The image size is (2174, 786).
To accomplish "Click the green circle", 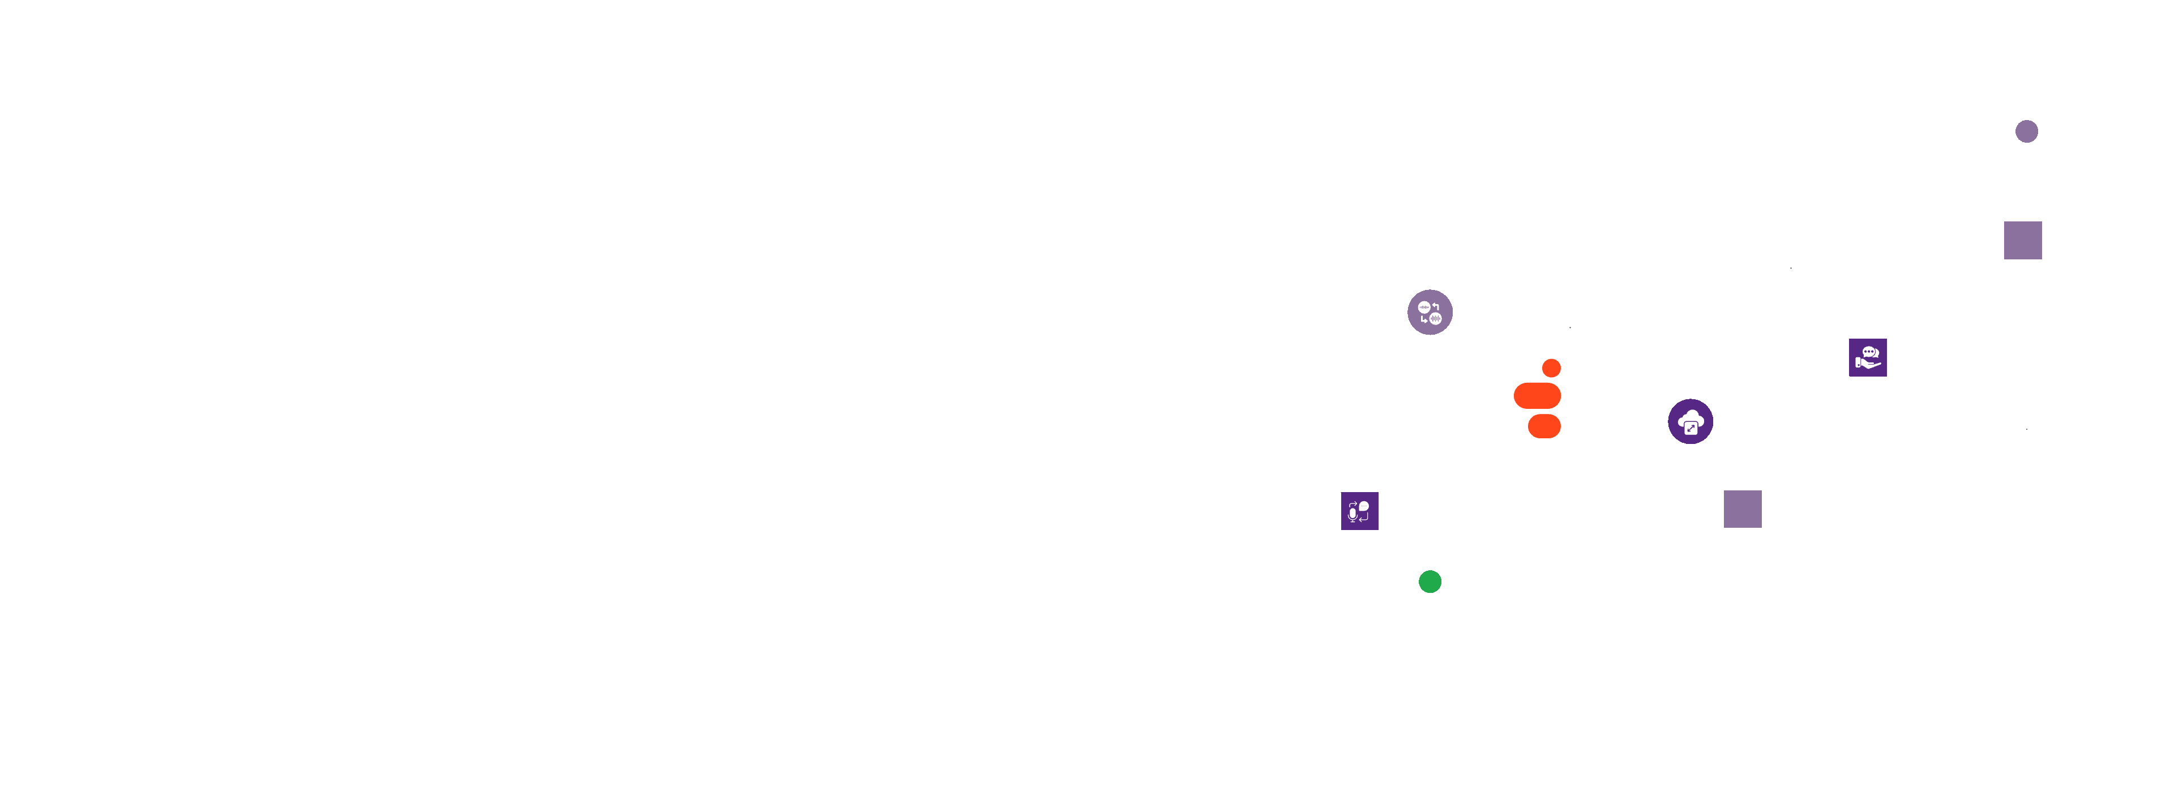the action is click(x=1430, y=582).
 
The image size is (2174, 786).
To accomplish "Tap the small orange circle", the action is click(x=1551, y=368).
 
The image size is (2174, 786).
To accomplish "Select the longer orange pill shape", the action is click(x=1537, y=395).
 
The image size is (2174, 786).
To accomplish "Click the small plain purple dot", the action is click(x=2026, y=132).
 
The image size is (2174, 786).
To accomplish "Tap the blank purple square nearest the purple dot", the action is click(x=2023, y=241).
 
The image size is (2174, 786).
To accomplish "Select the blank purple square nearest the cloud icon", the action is click(x=1742, y=509).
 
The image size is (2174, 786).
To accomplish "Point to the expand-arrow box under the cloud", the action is click(x=1691, y=429).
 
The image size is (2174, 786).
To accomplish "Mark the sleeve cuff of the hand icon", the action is click(x=1858, y=363).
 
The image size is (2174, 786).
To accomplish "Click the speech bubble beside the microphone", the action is click(x=1364, y=506).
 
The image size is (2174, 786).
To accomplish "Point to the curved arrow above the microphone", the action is click(x=1353, y=504).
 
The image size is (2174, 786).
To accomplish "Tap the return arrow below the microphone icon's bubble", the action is click(x=1364, y=518).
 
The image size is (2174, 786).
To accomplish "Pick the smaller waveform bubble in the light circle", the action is click(x=1424, y=307).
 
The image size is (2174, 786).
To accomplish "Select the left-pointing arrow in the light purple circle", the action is click(x=1436, y=306).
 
